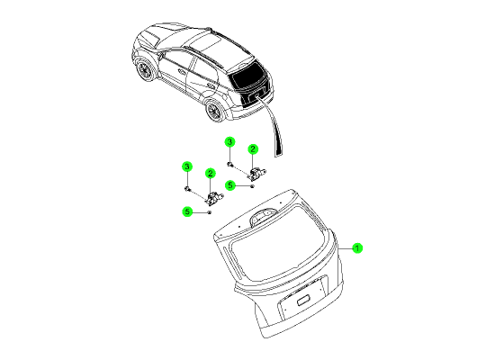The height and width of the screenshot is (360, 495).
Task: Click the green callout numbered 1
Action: [357, 248]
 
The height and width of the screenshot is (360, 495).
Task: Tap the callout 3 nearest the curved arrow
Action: [229, 142]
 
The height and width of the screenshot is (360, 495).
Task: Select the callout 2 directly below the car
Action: [253, 149]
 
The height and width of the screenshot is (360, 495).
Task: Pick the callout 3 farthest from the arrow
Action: [187, 166]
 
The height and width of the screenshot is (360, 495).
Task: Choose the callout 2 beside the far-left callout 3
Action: [211, 174]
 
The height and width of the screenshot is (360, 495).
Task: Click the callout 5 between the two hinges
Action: [230, 185]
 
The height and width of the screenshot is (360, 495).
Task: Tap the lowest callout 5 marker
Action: [187, 211]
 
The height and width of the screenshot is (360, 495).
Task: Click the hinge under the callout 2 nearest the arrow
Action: [257, 173]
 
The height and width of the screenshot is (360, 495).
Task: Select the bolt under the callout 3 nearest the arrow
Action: [230, 164]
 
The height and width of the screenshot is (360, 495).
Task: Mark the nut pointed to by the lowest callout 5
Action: [209, 212]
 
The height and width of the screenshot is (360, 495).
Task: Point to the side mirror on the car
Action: [161, 56]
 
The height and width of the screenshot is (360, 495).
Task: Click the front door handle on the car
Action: [182, 72]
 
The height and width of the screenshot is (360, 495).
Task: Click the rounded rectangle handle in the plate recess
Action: [303, 300]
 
